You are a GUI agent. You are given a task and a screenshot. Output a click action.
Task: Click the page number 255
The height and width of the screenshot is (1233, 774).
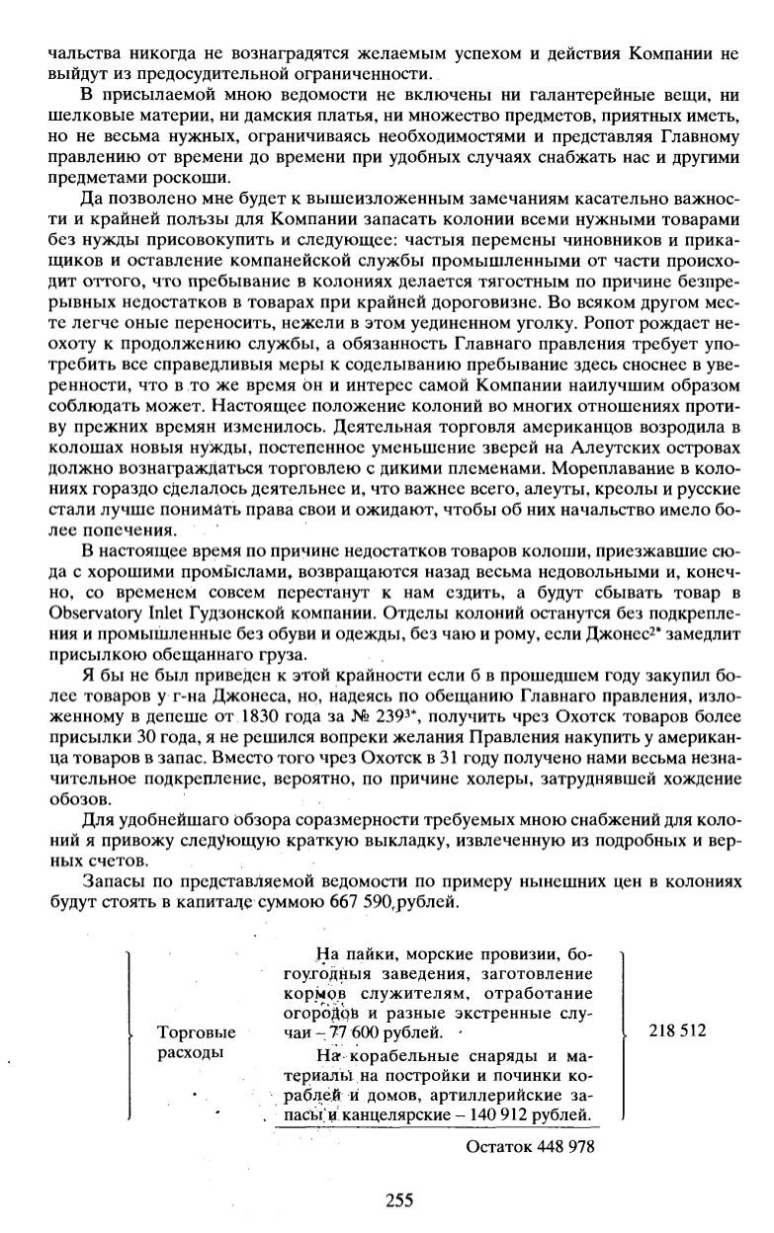pos(398,1200)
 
